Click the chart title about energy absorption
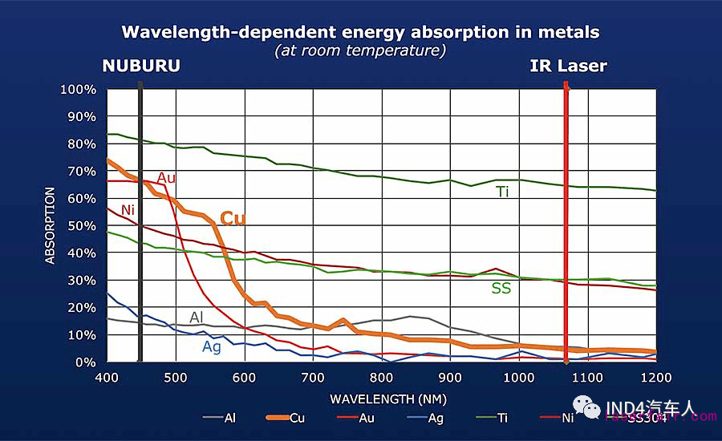360,32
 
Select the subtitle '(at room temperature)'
360,51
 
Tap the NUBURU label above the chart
140,66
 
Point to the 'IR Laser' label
568,66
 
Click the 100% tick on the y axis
79,89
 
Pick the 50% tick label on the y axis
82,225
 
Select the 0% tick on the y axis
85,362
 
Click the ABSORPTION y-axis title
51,225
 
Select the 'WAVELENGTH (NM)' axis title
381,398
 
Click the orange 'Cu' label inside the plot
233,218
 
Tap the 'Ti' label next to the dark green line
502,192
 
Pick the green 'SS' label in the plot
501,288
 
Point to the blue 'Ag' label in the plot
212,346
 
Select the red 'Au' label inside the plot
166,177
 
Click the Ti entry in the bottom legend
503,417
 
